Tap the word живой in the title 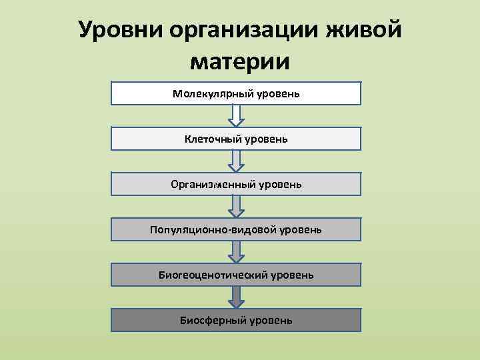(365, 30)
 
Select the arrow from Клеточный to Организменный (235, 161)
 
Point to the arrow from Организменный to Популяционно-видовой (235, 207)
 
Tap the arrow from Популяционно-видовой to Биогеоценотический (235, 252)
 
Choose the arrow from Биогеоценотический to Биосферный (235, 297)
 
